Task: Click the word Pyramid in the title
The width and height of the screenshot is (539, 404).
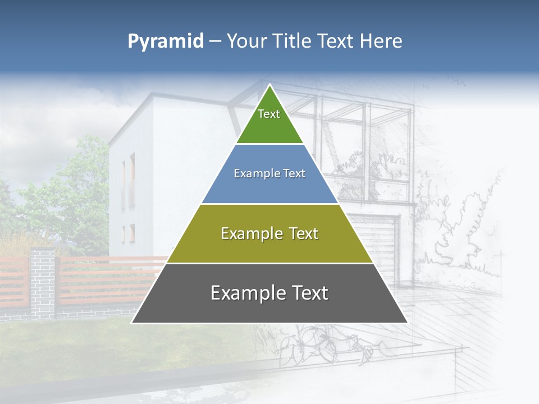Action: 166,41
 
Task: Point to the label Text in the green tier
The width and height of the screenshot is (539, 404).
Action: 269,114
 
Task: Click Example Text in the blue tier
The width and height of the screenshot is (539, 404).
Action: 269,173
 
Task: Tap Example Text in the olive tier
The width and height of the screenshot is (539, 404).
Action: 269,233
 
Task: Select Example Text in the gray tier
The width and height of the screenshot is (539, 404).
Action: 269,293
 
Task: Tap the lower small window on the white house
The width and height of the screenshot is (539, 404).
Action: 133,233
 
